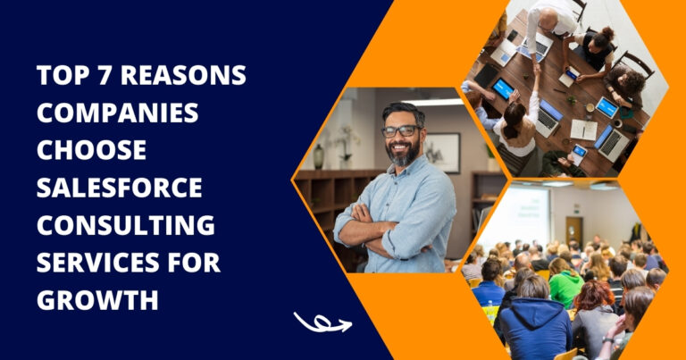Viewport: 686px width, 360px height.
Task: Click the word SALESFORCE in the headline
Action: point(120,188)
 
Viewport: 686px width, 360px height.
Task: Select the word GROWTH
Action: point(97,300)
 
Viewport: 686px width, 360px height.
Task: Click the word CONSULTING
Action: point(126,225)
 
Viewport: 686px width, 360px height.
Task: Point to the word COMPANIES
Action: point(118,113)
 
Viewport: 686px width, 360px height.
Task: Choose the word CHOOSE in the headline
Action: point(91,149)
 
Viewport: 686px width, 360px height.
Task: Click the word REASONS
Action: point(183,75)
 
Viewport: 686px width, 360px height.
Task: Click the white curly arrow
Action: point(322,323)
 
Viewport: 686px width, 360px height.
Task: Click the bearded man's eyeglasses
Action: point(400,131)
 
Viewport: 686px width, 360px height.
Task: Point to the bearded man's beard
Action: point(403,153)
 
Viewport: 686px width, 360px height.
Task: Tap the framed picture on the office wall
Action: point(442,153)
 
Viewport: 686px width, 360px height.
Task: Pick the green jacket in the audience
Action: point(566,288)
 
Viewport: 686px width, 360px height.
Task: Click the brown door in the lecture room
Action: point(573,231)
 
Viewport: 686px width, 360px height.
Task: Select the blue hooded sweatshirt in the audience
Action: point(535,326)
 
